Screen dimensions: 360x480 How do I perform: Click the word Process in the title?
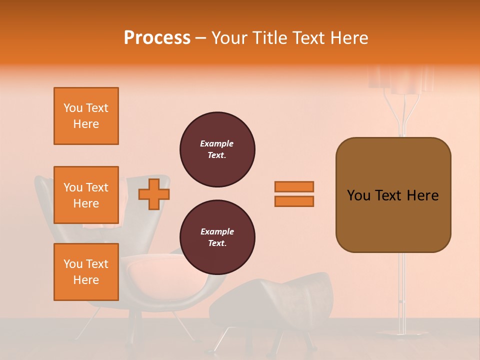(157, 38)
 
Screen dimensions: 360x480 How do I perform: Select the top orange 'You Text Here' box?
(86, 116)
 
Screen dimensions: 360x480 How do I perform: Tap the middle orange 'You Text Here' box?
(86, 195)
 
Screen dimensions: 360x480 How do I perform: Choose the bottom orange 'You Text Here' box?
(86, 272)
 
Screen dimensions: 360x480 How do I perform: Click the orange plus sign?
(154, 194)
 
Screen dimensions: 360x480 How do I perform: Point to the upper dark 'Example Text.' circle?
(217, 149)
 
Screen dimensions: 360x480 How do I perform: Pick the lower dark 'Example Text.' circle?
(217, 237)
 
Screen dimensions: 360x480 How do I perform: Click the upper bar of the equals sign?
(294, 186)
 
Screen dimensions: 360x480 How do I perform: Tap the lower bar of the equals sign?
(294, 201)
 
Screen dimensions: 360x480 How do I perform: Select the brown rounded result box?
(393, 195)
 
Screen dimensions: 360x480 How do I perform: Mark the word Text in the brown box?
(393, 195)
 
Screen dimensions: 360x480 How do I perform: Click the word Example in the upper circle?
(217, 143)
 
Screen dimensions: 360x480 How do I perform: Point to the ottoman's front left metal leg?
(223, 339)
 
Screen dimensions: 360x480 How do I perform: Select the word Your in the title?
(230, 38)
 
